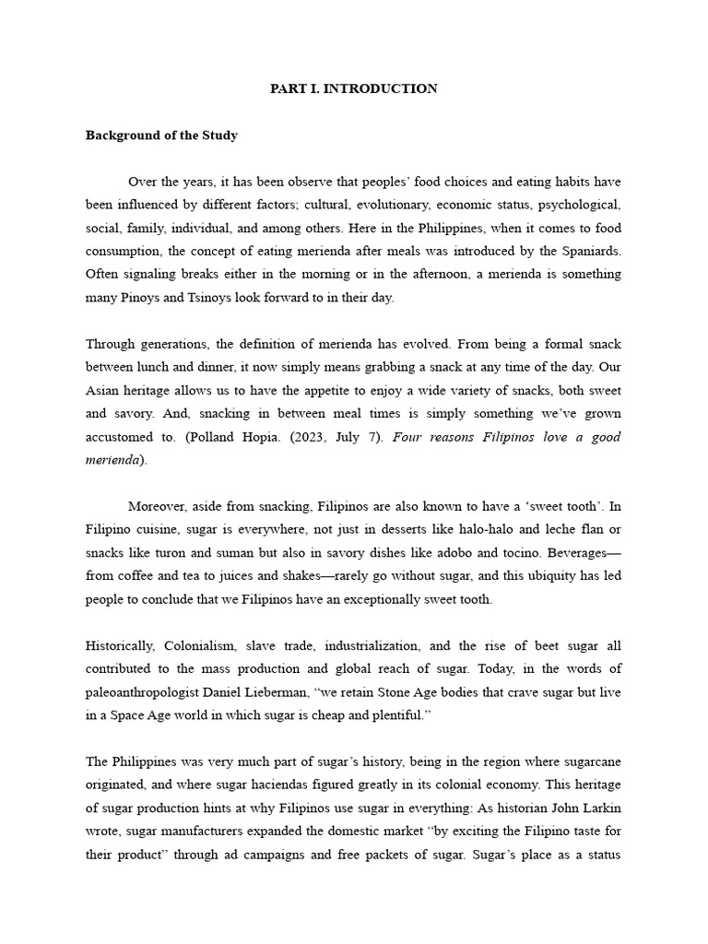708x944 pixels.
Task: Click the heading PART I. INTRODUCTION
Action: [353, 88]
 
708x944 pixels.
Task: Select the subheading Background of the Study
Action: [161, 136]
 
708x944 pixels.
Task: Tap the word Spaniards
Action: [591, 251]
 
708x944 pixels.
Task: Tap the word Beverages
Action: [585, 552]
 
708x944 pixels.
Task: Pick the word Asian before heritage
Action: [104, 390]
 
